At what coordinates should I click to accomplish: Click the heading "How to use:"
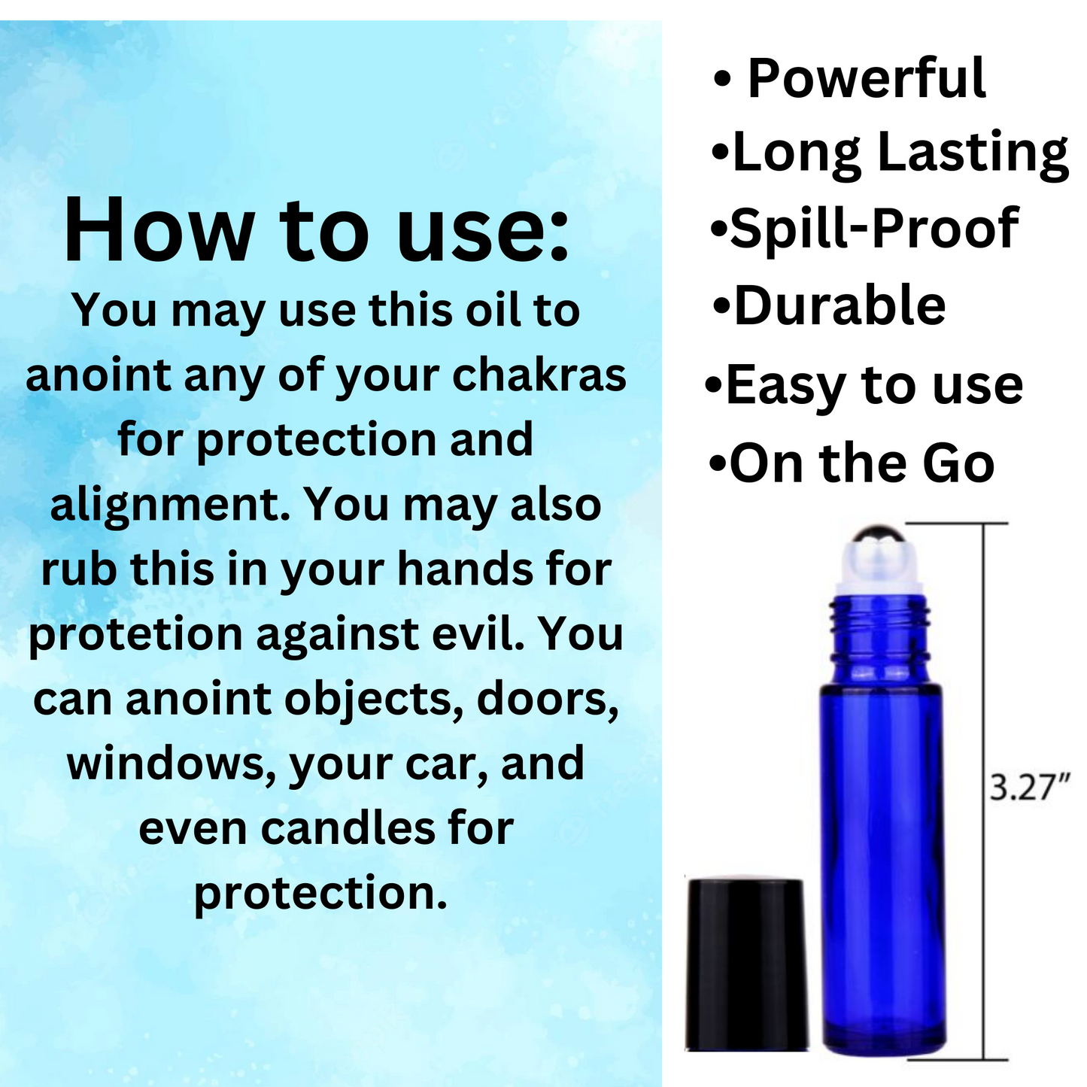[317, 230]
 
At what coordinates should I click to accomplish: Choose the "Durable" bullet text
[840, 305]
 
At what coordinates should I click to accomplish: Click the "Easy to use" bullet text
[874, 387]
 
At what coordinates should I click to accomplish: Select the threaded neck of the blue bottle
[872, 638]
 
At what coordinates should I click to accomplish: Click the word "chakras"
[539, 375]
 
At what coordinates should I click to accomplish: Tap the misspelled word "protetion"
[135, 636]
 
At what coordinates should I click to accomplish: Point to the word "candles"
[348, 829]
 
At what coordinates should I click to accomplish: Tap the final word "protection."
[320, 894]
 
